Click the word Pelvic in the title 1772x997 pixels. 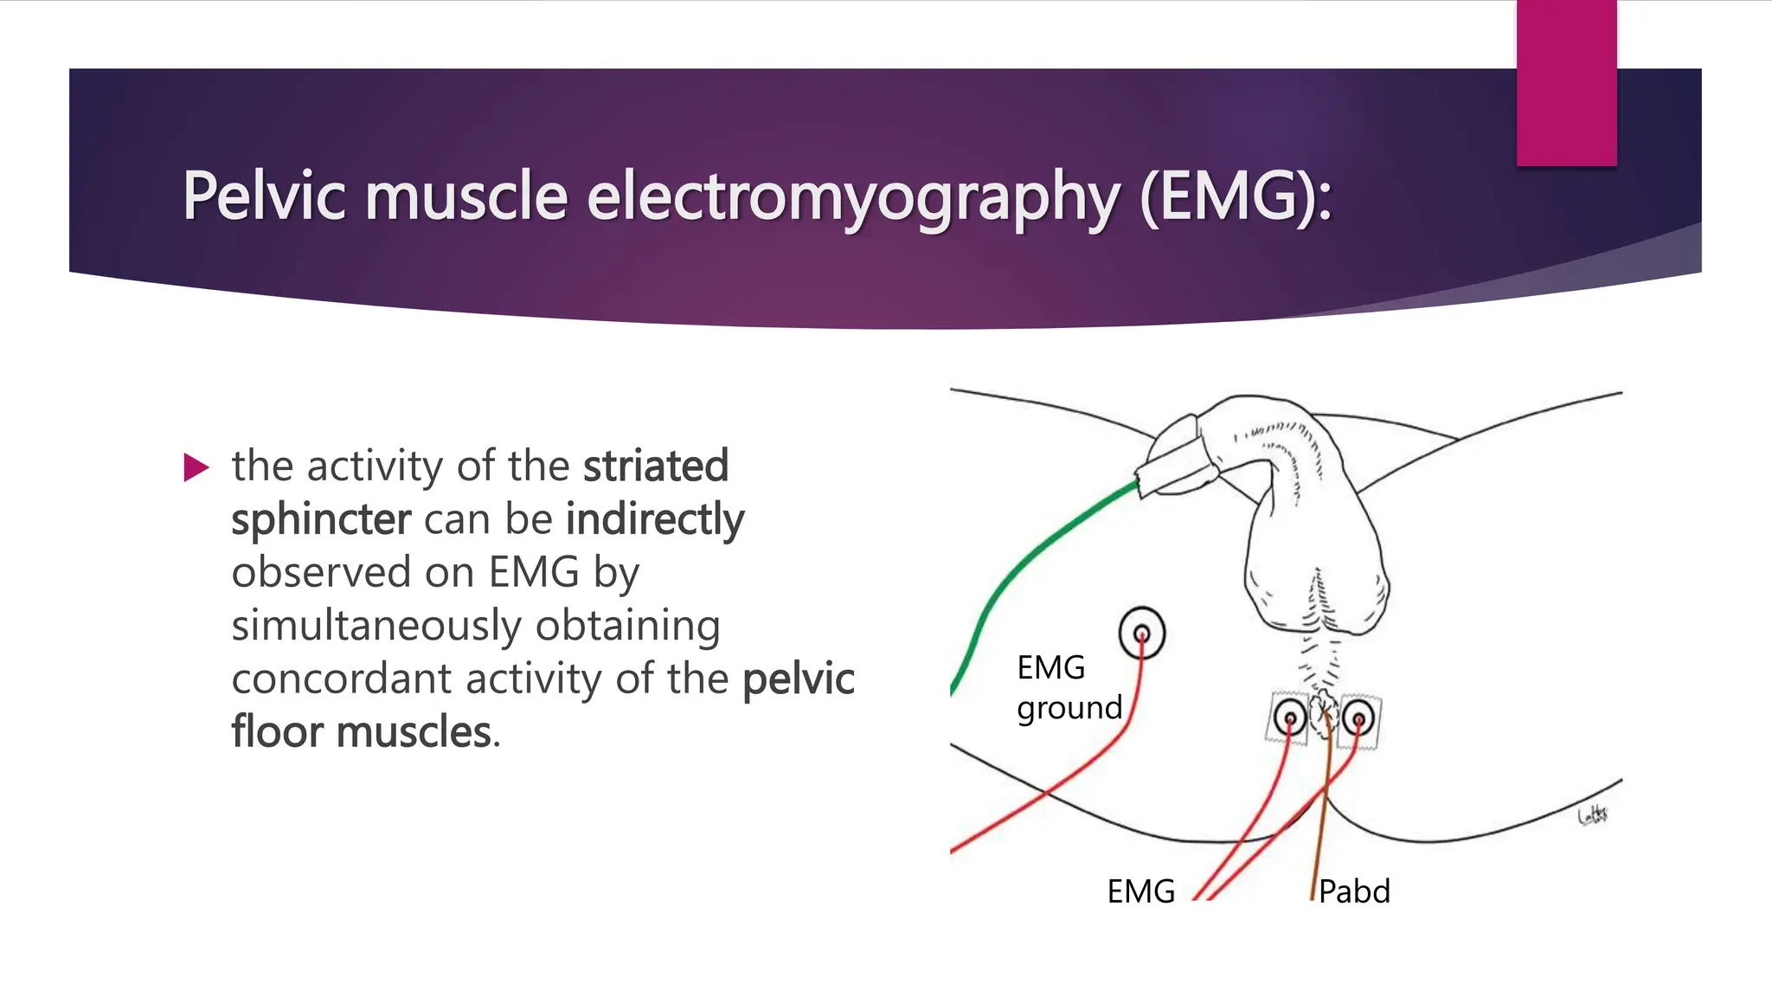coord(264,196)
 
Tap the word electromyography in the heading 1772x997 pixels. coord(853,196)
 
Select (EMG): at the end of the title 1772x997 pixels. coord(1236,196)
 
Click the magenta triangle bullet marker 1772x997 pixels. coord(196,468)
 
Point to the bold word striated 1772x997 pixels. coord(655,466)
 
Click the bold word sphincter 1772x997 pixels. coord(321,519)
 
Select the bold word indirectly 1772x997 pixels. coord(655,519)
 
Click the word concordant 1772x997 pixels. coord(341,679)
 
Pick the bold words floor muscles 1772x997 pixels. coord(362,731)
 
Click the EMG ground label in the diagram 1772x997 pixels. coord(1068,687)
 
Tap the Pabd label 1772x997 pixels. coord(1354,891)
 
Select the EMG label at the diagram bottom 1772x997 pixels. coord(1140,891)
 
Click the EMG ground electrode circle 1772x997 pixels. coord(1141,633)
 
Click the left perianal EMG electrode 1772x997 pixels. coord(1290,718)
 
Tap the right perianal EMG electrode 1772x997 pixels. coord(1358,718)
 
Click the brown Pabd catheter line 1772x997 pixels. coord(1321,822)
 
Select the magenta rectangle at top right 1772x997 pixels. coord(1566,82)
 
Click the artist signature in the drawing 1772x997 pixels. coord(1593,814)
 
